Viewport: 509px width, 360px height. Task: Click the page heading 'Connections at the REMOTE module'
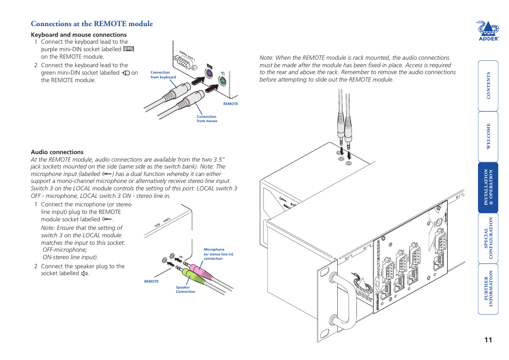pos(92,23)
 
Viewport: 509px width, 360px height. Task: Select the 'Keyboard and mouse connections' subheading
pos(78,35)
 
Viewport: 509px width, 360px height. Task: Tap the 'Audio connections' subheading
pos(57,152)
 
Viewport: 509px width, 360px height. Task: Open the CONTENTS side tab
pos(488,85)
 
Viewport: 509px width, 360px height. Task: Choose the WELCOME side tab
pos(488,136)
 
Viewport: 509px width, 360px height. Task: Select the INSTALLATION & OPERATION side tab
pos(488,187)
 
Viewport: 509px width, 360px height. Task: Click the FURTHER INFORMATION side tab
pos(488,289)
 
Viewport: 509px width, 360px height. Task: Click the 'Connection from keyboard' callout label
pos(163,75)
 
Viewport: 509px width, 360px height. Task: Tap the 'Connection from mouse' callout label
pos(206,118)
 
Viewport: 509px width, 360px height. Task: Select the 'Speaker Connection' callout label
pos(186,290)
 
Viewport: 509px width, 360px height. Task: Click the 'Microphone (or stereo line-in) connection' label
pos(218,254)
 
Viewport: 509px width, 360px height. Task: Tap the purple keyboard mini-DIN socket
pos(209,74)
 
